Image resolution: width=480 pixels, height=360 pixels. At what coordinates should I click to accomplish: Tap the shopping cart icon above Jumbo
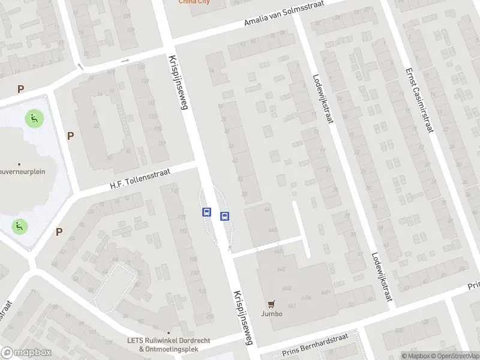[x=271, y=304]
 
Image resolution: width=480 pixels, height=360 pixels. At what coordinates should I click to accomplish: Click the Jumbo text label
[x=271, y=314]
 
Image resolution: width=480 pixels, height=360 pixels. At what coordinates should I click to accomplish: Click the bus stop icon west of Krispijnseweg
[x=206, y=212]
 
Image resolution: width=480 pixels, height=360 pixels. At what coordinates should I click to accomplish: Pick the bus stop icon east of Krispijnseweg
[x=225, y=217]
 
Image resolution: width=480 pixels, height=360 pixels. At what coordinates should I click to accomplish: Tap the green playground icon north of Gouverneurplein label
[x=33, y=118]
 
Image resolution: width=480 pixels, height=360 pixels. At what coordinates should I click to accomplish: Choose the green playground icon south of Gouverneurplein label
[x=20, y=226]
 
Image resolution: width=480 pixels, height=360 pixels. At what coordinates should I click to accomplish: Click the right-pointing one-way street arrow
[x=125, y=61]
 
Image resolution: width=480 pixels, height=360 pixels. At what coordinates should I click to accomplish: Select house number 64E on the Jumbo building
[x=281, y=269]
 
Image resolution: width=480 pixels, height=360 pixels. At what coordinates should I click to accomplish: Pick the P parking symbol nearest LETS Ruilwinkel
[x=59, y=232]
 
